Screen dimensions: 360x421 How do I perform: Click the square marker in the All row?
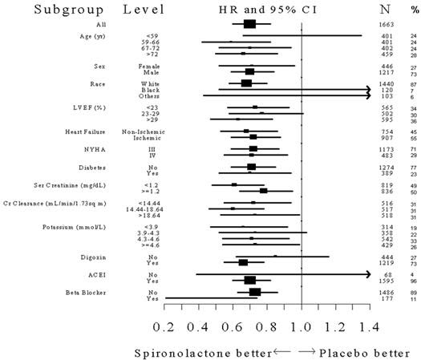[249, 24]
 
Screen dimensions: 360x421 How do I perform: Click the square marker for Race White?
[246, 83]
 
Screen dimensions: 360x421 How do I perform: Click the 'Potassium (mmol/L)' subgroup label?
[67, 227]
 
